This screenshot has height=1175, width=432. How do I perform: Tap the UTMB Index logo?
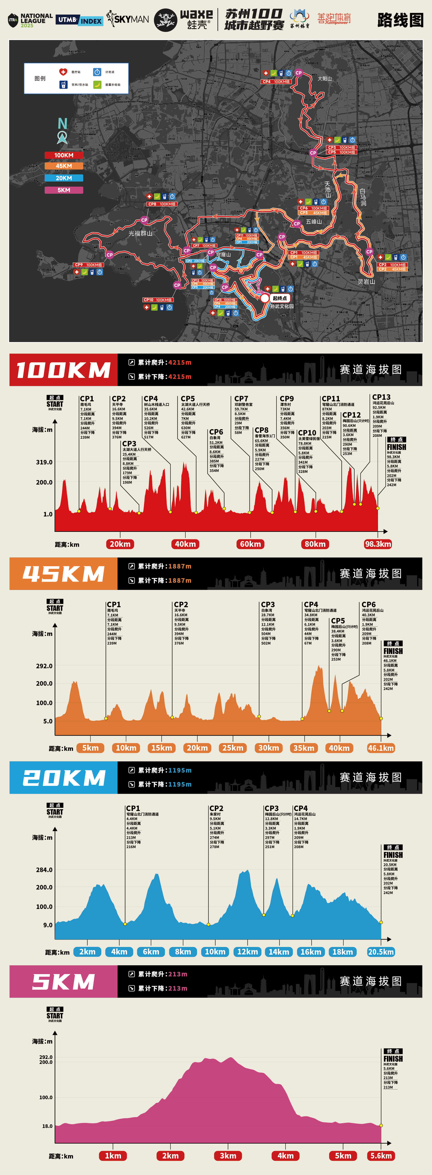(x=79, y=20)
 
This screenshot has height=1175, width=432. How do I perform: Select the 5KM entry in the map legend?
(x=64, y=190)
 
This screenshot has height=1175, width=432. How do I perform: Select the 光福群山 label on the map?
(x=140, y=233)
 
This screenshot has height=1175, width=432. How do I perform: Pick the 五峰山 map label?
(x=314, y=222)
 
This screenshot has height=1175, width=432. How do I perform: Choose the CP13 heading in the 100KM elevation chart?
(x=381, y=397)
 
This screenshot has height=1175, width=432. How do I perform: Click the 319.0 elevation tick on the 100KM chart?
(x=44, y=462)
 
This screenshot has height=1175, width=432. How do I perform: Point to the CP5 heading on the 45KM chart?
(x=338, y=621)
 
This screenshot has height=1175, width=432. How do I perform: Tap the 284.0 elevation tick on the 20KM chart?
(x=44, y=870)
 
